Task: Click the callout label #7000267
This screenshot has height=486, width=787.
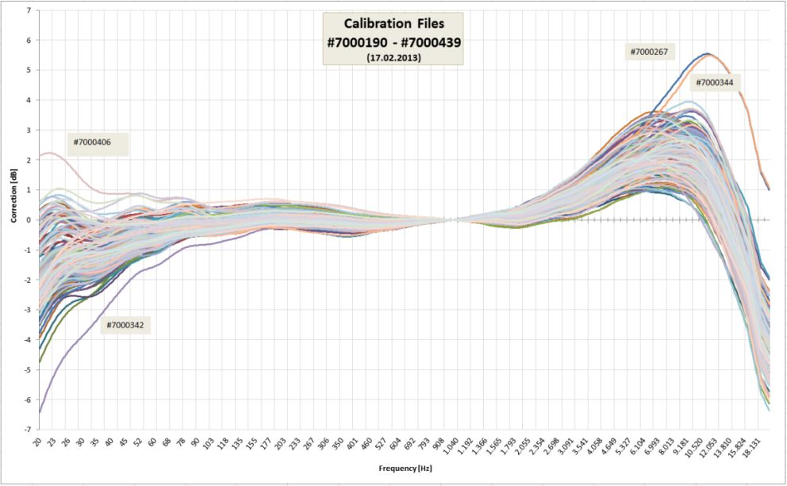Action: pos(651,52)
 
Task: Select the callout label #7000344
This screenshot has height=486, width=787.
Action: pos(714,82)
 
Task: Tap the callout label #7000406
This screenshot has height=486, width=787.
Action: pos(92,143)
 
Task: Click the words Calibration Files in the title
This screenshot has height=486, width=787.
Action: pos(392,25)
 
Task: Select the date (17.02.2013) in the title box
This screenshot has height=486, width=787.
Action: pos(392,58)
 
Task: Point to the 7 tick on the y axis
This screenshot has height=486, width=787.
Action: pos(29,10)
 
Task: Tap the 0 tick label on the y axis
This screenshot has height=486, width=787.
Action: pos(29,220)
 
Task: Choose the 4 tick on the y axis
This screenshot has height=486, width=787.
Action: pos(29,100)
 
